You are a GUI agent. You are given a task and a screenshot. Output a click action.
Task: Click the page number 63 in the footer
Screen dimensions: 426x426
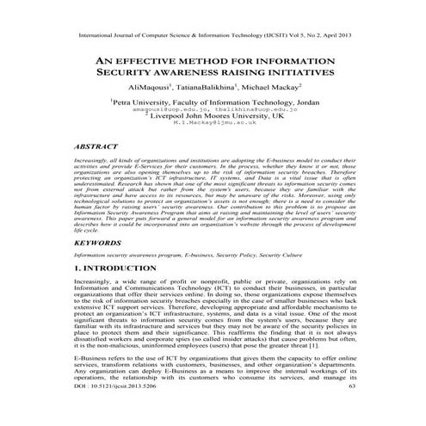pos(350,411)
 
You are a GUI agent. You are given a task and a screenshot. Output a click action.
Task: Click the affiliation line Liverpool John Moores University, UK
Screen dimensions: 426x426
pos(213,116)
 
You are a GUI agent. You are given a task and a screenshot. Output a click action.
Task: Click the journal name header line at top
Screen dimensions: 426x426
pos(213,38)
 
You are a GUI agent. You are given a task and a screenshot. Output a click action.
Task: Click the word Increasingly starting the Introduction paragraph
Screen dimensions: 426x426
pos(96,281)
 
